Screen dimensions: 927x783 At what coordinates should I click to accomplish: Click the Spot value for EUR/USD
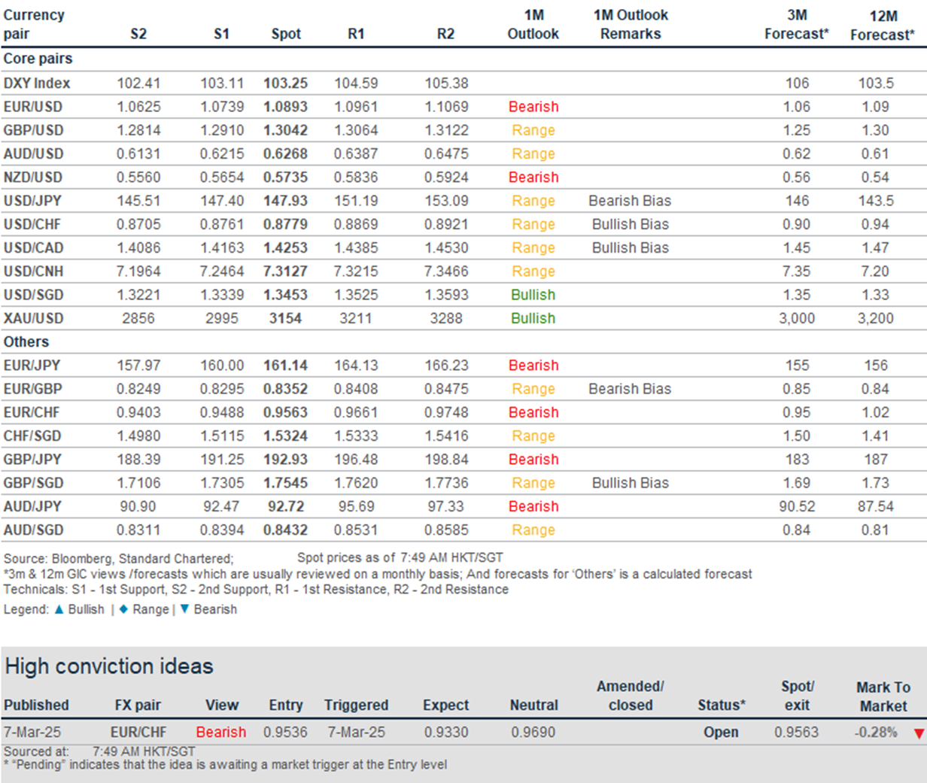pos(285,107)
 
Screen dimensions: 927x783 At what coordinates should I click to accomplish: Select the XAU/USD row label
pos(34,318)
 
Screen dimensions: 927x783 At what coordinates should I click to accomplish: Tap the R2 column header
pos(445,34)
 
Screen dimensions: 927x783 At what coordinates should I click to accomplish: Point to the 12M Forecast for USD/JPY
pos(876,201)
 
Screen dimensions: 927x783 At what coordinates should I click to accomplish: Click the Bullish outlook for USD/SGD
pos(533,295)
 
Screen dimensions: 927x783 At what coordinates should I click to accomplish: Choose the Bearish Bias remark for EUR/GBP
pos(630,389)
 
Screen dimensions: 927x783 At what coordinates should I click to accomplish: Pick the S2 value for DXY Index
pos(138,83)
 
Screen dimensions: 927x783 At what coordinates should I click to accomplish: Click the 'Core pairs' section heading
pos(38,59)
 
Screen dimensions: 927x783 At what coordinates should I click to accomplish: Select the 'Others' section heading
pos(26,341)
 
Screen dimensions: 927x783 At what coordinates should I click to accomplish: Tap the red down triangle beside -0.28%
pos(919,733)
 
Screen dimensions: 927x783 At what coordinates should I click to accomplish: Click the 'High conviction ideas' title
pos(109,666)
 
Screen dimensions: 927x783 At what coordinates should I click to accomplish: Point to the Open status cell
pos(721,732)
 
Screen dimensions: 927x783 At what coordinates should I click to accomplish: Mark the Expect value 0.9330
pos(446,732)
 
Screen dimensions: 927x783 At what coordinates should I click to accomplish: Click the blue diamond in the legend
pos(124,609)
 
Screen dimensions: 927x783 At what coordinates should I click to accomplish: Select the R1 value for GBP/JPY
pos(356,460)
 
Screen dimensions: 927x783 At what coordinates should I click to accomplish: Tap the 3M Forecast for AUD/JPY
pos(797,506)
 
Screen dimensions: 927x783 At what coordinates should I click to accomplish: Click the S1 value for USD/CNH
pos(221,272)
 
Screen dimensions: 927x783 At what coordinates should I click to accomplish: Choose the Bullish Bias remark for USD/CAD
pos(631,247)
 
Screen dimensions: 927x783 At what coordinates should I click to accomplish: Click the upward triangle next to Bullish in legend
pos(59,609)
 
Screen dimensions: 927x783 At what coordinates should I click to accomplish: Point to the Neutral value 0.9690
pos(533,732)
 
